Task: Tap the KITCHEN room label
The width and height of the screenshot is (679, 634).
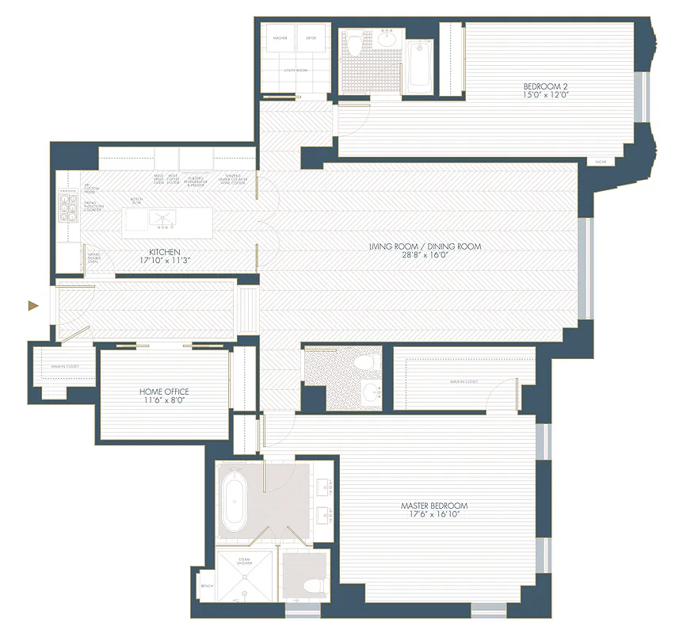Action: (165, 252)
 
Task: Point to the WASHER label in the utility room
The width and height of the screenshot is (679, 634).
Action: (280, 37)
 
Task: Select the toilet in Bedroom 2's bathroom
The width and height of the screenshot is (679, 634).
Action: (355, 44)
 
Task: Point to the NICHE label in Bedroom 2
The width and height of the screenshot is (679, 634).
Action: (601, 162)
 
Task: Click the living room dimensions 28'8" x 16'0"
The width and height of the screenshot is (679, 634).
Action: (425, 256)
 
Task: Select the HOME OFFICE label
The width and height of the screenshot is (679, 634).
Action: (164, 391)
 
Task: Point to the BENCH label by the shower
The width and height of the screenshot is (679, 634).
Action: (207, 586)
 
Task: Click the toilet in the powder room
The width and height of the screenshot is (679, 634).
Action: (365, 363)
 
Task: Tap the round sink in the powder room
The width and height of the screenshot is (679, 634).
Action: (370, 392)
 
